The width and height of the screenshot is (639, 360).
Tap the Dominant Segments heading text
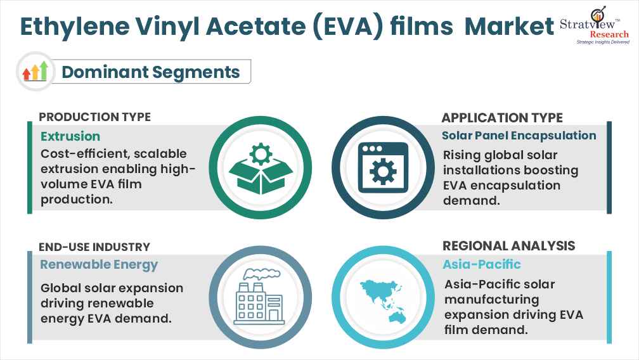(x=150, y=72)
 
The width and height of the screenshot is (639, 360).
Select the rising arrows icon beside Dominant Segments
(x=35, y=71)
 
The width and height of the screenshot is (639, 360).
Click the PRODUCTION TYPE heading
(x=95, y=117)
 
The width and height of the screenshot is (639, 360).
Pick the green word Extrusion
(x=70, y=136)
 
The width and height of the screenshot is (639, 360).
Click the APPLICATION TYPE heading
(x=502, y=117)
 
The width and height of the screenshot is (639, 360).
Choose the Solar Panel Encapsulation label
(x=519, y=135)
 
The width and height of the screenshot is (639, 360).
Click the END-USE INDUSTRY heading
(x=94, y=247)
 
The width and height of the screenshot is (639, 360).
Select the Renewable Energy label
(x=99, y=264)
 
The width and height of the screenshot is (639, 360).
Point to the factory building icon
(x=261, y=295)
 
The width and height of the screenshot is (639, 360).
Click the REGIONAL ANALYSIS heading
(x=508, y=246)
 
